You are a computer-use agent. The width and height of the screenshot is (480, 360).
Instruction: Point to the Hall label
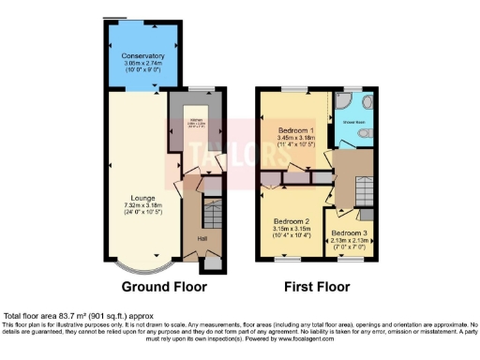coord(202,239)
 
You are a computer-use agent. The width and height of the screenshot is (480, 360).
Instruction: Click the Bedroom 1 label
coord(296,130)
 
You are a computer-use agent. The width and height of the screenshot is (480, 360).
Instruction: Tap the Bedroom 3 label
coord(348,232)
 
